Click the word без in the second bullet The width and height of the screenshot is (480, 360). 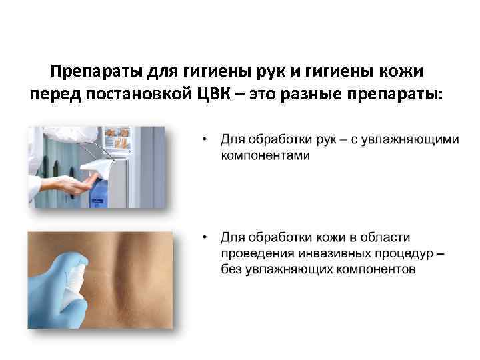point(231,269)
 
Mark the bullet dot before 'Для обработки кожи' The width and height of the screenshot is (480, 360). point(207,238)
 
